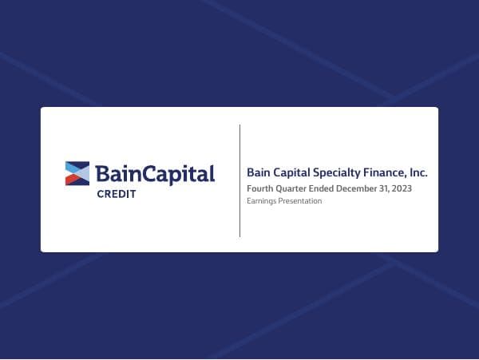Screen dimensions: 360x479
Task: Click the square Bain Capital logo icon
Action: [x=77, y=173]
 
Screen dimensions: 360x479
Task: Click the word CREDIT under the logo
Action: [x=116, y=194]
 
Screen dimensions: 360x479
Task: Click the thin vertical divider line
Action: [x=239, y=180]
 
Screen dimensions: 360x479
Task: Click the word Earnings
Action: [x=260, y=201]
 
